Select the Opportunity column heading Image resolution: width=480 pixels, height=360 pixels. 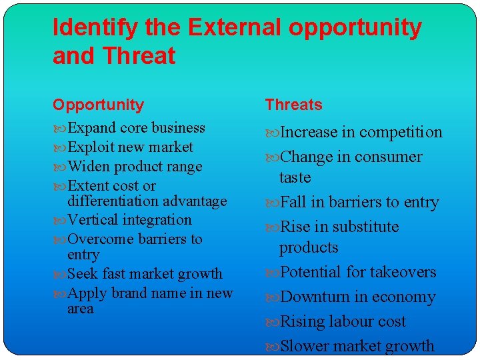point(98,105)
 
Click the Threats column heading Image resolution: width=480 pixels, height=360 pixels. point(293,105)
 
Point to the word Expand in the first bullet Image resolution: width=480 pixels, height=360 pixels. point(91,128)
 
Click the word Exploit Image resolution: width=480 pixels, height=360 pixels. point(91,147)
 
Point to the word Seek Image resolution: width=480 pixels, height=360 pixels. point(82,274)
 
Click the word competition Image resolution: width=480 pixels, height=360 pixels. point(401,133)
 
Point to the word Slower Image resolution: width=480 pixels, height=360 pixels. point(303,347)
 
